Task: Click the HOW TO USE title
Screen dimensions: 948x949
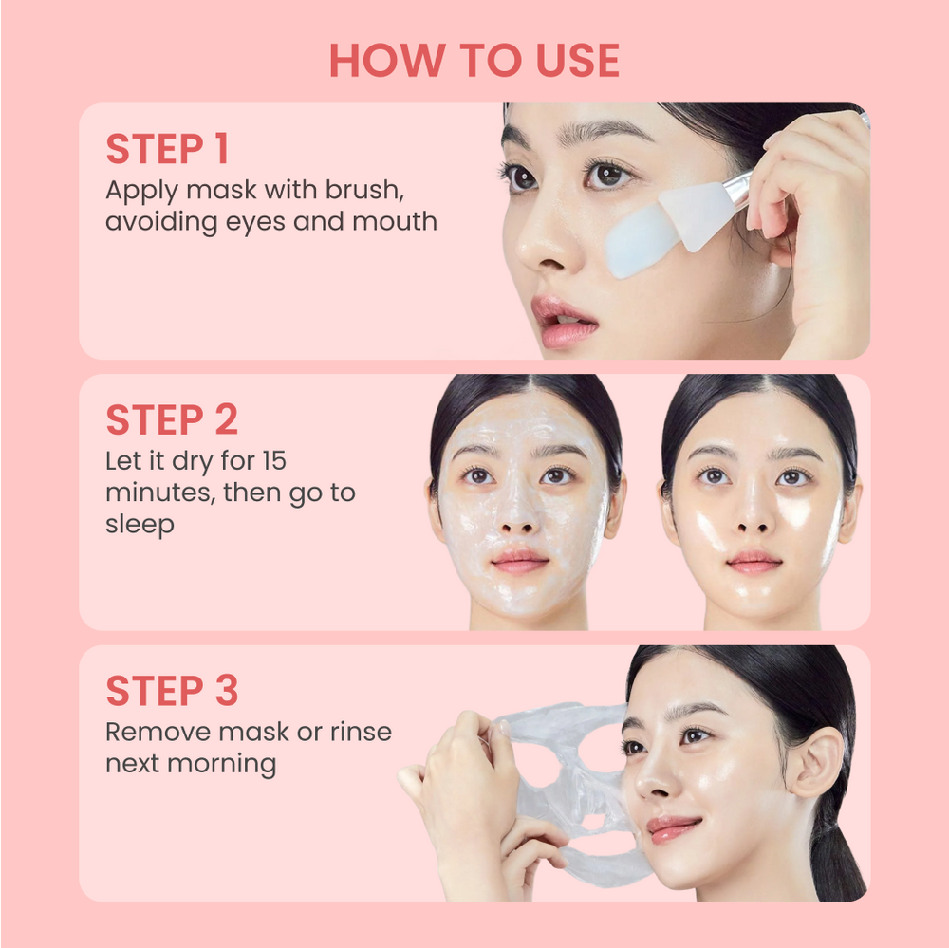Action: tap(474, 61)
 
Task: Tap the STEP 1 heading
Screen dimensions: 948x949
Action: tap(167, 149)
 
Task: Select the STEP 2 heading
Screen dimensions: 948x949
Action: tap(172, 419)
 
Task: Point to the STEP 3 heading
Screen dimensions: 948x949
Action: tap(172, 691)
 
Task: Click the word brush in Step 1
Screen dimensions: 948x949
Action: tap(364, 189)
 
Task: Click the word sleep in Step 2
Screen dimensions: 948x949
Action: tap(140, 525)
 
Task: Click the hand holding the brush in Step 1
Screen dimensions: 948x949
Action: tap(816, 218)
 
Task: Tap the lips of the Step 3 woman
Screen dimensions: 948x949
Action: tap(672, 827)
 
